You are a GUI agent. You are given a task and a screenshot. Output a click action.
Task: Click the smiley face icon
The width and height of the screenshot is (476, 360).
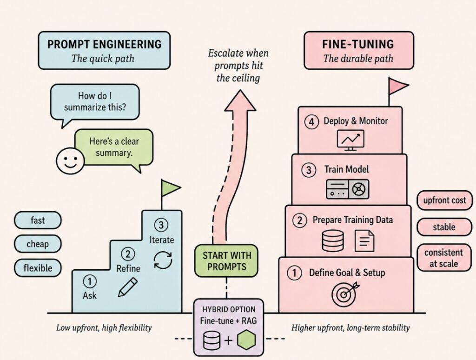(x=70, y=161)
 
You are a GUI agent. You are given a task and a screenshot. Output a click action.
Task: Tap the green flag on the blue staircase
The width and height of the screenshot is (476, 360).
(x=170, y=188)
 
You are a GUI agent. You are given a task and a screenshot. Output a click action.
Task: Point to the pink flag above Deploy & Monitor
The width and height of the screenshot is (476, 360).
(x=398, y=86)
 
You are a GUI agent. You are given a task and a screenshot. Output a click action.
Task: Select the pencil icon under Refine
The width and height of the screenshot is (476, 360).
(x=127, y=287)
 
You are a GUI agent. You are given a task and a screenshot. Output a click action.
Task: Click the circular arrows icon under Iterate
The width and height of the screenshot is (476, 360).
(x=163, y=260)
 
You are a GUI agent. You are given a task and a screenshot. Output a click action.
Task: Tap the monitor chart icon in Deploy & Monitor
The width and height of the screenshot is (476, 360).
(x=350, y=140)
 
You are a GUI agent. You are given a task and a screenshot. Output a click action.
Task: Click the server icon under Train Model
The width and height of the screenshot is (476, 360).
(x=348, y=189)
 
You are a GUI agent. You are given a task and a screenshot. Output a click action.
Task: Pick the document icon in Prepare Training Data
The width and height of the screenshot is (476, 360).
(x=364, y=240)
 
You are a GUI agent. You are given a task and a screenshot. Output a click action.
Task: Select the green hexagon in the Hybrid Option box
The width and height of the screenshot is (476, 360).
(x=246, y=340)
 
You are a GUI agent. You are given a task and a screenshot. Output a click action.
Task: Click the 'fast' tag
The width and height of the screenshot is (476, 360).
(x=38, y=220)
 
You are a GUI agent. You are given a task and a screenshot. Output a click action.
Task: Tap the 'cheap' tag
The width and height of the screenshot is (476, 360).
(x=38, y=244)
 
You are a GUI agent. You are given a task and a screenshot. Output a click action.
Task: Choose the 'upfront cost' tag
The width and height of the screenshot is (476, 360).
(x=444, y=200)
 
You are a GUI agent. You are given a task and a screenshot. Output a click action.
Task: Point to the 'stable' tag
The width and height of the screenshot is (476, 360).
(x=444, y=227)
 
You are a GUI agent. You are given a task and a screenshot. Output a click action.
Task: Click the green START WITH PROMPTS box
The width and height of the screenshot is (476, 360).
(x=226, y=261)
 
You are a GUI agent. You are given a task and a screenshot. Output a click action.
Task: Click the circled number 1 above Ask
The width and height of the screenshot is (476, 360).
(x=90, y=281)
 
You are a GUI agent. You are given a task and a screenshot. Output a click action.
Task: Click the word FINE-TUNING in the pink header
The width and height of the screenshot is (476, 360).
(x=358, y=44)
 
